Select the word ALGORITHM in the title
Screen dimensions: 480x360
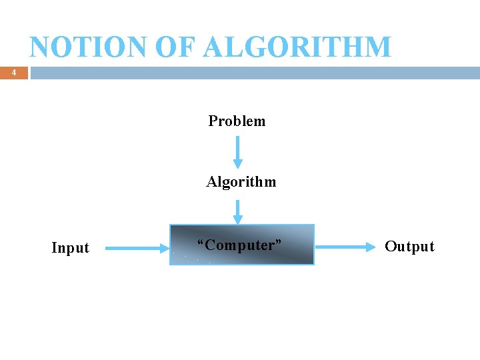click(x=298, y=47)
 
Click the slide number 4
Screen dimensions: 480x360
click(x=13, y=73)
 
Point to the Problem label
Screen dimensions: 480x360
click(x=237, y=121)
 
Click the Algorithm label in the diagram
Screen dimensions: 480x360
click(x=241, y=182)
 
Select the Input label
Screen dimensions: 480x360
click(x=70, y=248)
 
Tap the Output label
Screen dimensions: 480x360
click(x=409, y=247)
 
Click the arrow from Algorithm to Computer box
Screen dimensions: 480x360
click(x=238, y=212)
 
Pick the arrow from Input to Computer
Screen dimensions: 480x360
click(x=137, y=249)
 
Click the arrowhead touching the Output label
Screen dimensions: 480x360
click(x=371, y=247)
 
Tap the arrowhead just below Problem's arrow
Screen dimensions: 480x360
click(x=238, y=163)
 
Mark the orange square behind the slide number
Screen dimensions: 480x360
click(x=13, y=73)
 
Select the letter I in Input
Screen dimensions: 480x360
click(x=54, y=248)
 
